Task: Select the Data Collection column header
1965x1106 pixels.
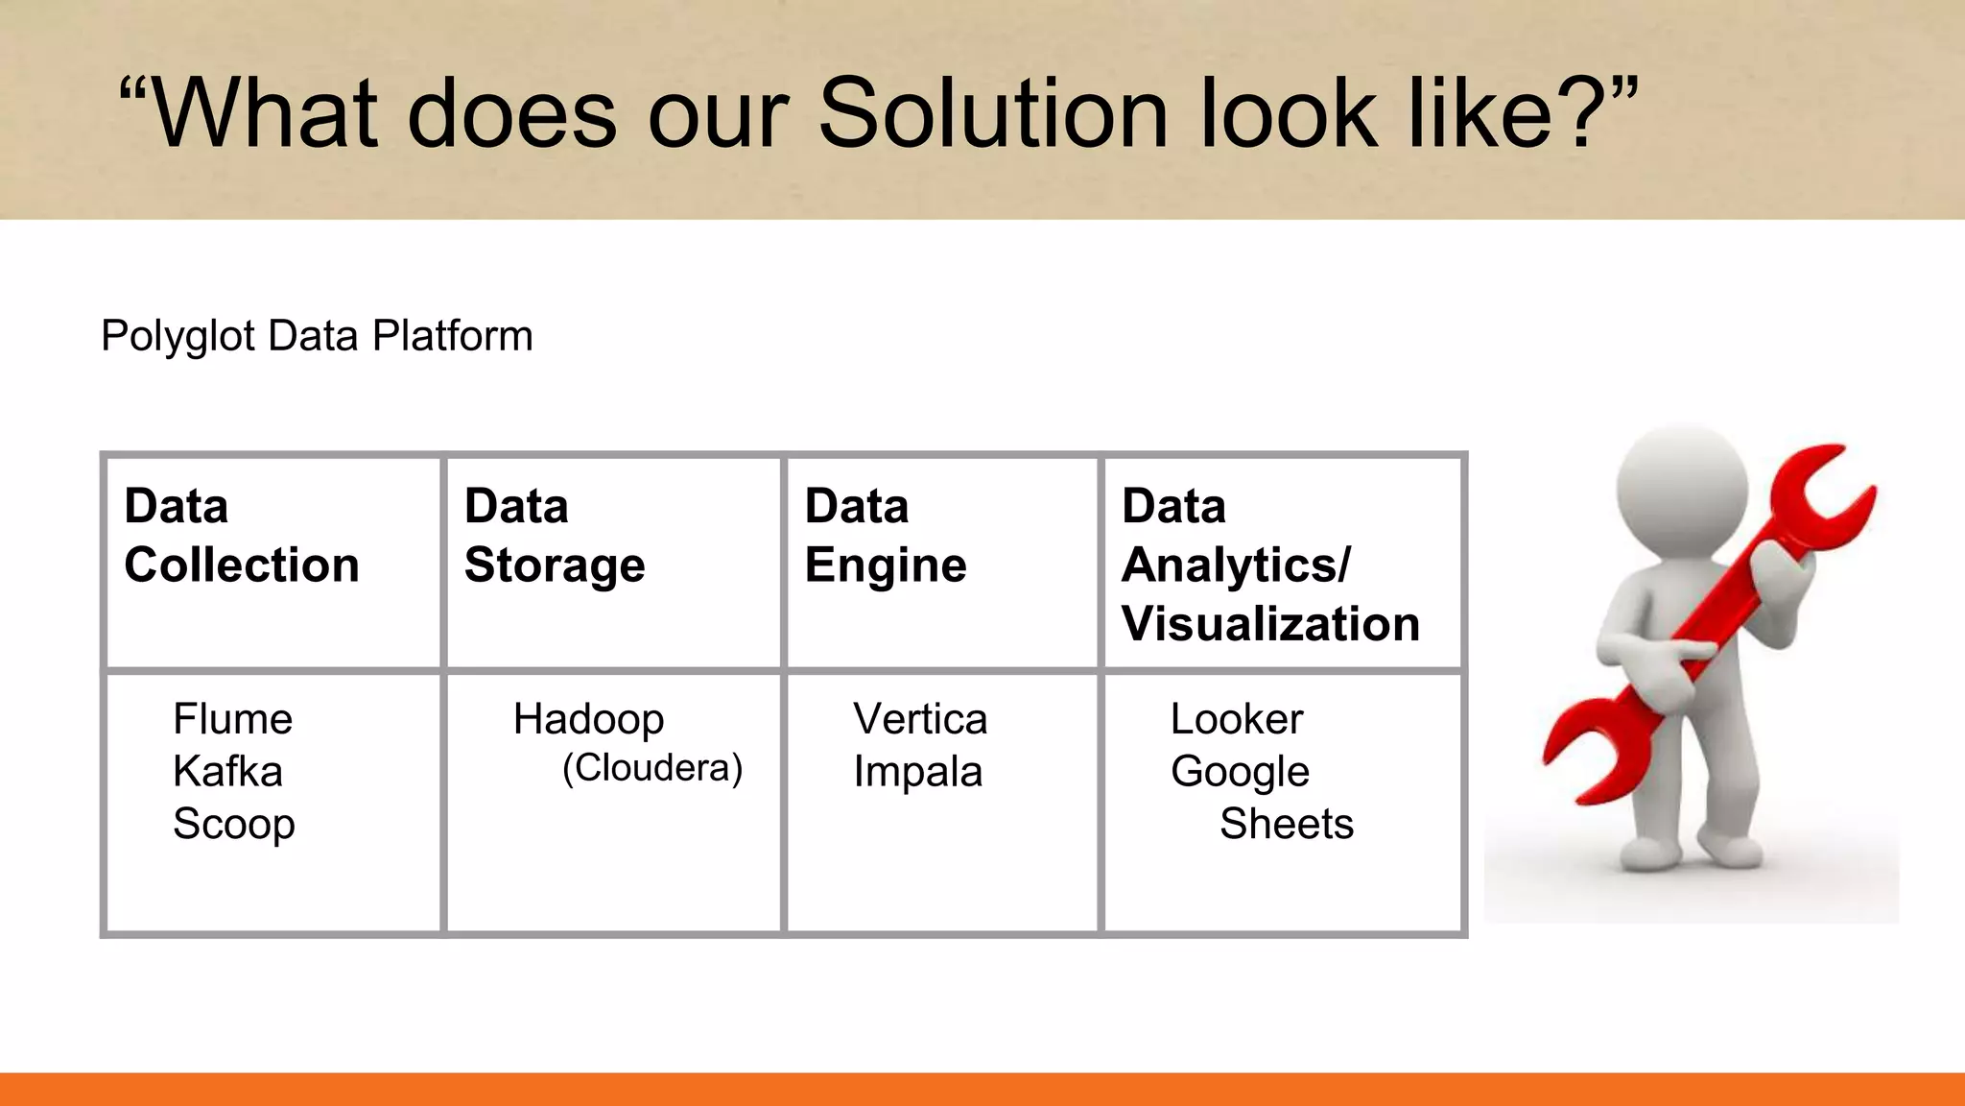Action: tap(242, 536)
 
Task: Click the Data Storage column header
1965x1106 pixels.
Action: tap(555, 536)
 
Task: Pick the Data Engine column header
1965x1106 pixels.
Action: tap(885, 536)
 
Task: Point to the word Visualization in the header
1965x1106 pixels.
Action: tap(1270, 624)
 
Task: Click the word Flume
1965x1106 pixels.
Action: tap(232, 719)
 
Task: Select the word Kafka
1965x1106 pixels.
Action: tap(227, 772)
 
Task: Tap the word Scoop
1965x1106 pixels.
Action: tap(233, 825)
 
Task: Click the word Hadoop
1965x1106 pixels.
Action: tap(588, 719)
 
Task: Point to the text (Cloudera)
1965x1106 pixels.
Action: tap(652, 768)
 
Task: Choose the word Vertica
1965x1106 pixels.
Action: tap(920, 719)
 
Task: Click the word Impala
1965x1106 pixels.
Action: tap(917, 772)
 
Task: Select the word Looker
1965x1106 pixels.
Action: tap(1236, 719)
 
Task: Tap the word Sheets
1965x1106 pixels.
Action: tap(1286, 825)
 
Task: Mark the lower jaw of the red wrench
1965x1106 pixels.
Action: tap(1593, 758)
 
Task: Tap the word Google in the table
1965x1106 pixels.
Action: tap(1240, 772)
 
